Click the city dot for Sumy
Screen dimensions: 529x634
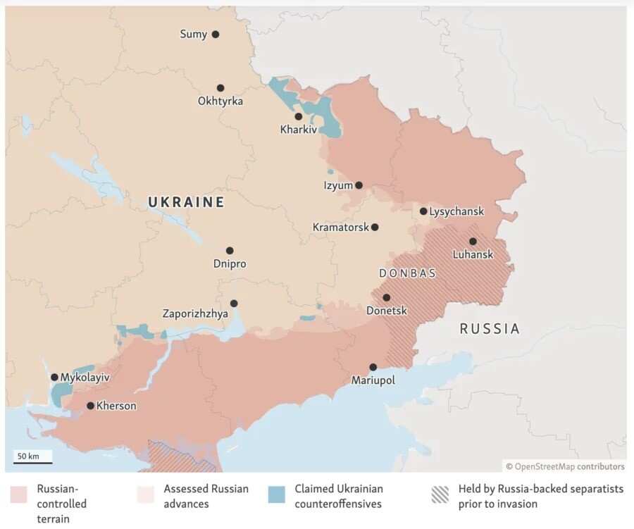pos(216,34)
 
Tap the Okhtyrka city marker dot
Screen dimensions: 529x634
pos(220,88)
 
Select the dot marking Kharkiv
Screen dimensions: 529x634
pos(299,116)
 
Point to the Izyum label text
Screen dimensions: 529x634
pos(337,185)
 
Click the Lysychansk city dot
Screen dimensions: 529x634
pos(423,211)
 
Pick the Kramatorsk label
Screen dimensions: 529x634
pos(340,228)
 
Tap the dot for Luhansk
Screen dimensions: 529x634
pos(473,241)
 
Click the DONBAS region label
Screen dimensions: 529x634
pos(407,273)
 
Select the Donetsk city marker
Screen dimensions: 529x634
pos(386,297)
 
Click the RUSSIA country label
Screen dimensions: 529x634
pos(490,328)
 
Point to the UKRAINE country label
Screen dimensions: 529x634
pos(186,203)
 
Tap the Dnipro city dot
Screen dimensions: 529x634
pos(230,251)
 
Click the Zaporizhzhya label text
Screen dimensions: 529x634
pos(195,314)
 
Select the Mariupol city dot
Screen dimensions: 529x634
pos(373,367)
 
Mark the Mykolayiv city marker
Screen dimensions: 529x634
pos(54,378)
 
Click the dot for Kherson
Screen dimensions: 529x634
pos(90,406)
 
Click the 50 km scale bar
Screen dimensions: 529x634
pos(32,462)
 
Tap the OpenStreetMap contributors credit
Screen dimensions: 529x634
pos(565,466)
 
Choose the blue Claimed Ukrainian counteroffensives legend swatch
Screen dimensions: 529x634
pos(277,494)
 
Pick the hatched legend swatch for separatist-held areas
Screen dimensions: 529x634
pos(440,494)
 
